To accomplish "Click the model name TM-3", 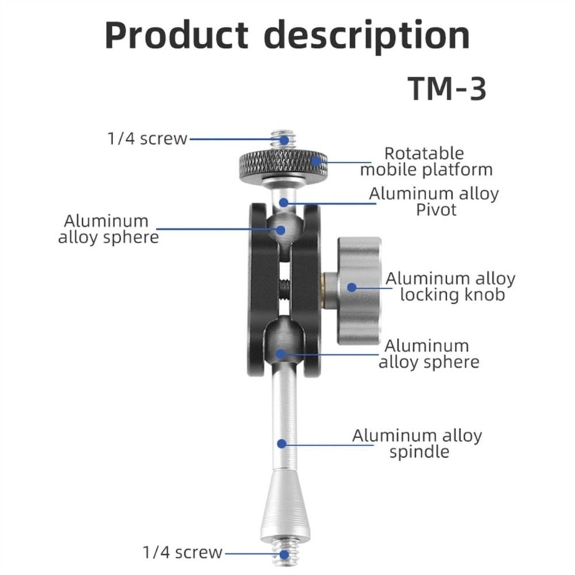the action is pyautogui.click(x=447, y=89).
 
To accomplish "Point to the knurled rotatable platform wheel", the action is pyautogui.click(x=283, y=164).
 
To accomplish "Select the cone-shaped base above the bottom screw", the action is pyautogui.click(x=285, y=505).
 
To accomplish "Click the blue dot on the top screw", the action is pyautogui.click(x=284, y=140).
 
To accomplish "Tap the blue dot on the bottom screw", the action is pyautogui.click(x=284, y=555).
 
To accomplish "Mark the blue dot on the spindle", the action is pyautogui.click(x=282, y=444).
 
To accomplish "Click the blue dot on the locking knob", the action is pyautogui.click(x=352, y=287).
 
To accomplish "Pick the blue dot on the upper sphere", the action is pyautogui.click(x=281, y=230).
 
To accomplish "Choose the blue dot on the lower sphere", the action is pyautogui.click(x=281, y=354).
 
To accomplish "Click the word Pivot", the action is pyautogui.click(x=436, y=210).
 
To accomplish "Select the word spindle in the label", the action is pyautogui.click(x=419, y=452).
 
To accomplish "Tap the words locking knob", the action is pyautogui.click(x=453, y=295).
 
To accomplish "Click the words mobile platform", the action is pyautogui.click(x=426, y=170).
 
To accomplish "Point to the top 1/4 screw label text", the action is pyautogui.click(x=147, y=139).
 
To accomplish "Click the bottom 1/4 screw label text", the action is pyautogui.click(x=182, y=552).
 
